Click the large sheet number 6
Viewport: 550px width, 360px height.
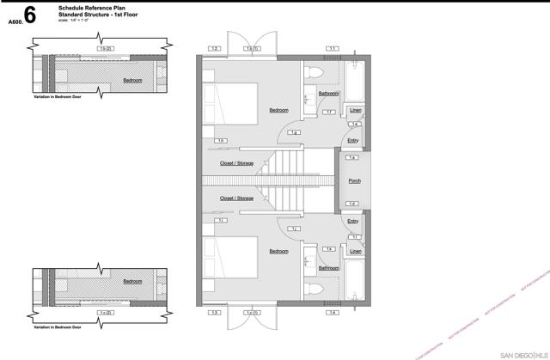pyautogui.click(x=30, y=15)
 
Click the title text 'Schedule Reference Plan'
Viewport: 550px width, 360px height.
pyautogui.click(x=86, y=7)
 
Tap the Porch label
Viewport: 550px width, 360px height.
pyautogui.click(x=354, y=181)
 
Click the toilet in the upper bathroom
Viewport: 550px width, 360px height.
pyautogui.click(x=314, y=73)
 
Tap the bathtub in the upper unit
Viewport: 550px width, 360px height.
pyautogui.click(x=353, y=82)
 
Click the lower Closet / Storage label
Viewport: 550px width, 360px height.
pyautogui.click(x=236, y=198)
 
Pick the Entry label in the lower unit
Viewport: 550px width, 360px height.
pyautogui.click(x=353, y=221)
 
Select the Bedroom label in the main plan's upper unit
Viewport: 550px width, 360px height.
pyautogui.click(x=278, y=110)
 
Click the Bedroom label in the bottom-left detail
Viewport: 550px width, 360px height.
pyautogui.click(x=132, y=281)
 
